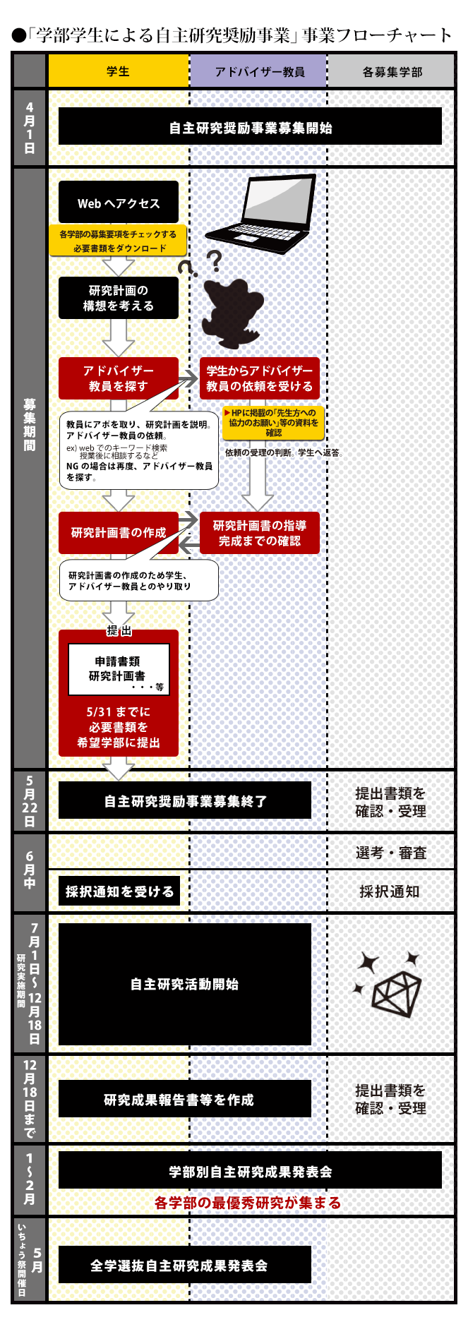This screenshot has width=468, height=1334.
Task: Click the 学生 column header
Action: tap(118, 71)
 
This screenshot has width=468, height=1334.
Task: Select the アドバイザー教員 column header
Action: tap(258, 71)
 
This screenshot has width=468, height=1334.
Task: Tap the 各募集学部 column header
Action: tap(392, 71)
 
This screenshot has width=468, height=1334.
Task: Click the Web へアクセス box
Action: tap(119, 203)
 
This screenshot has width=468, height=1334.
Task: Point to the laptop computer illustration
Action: tap(260, 213)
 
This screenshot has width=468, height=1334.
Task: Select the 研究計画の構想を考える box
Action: tap(119, 298)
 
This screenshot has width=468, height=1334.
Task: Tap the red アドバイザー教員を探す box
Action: tap(119, 378)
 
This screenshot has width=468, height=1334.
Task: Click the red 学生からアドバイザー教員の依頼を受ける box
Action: tap(260, 378)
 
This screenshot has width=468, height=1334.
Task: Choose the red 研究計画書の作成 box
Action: tap(119, 533)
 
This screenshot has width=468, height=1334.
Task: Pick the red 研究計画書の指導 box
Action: tap(260, 533)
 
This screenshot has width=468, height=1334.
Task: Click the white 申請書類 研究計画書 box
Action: tap(119, 669)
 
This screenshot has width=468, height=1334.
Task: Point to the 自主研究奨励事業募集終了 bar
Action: tap(185, 800)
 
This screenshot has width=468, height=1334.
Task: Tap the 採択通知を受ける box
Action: tap(119, 891)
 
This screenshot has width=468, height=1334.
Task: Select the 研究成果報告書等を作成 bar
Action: tap(185, 1099)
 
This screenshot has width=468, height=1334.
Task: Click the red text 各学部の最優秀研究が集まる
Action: tap(248, 1203)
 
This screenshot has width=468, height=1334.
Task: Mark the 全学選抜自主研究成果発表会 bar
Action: tap(185, 1264)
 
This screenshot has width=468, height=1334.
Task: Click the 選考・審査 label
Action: tap(391, 853)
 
